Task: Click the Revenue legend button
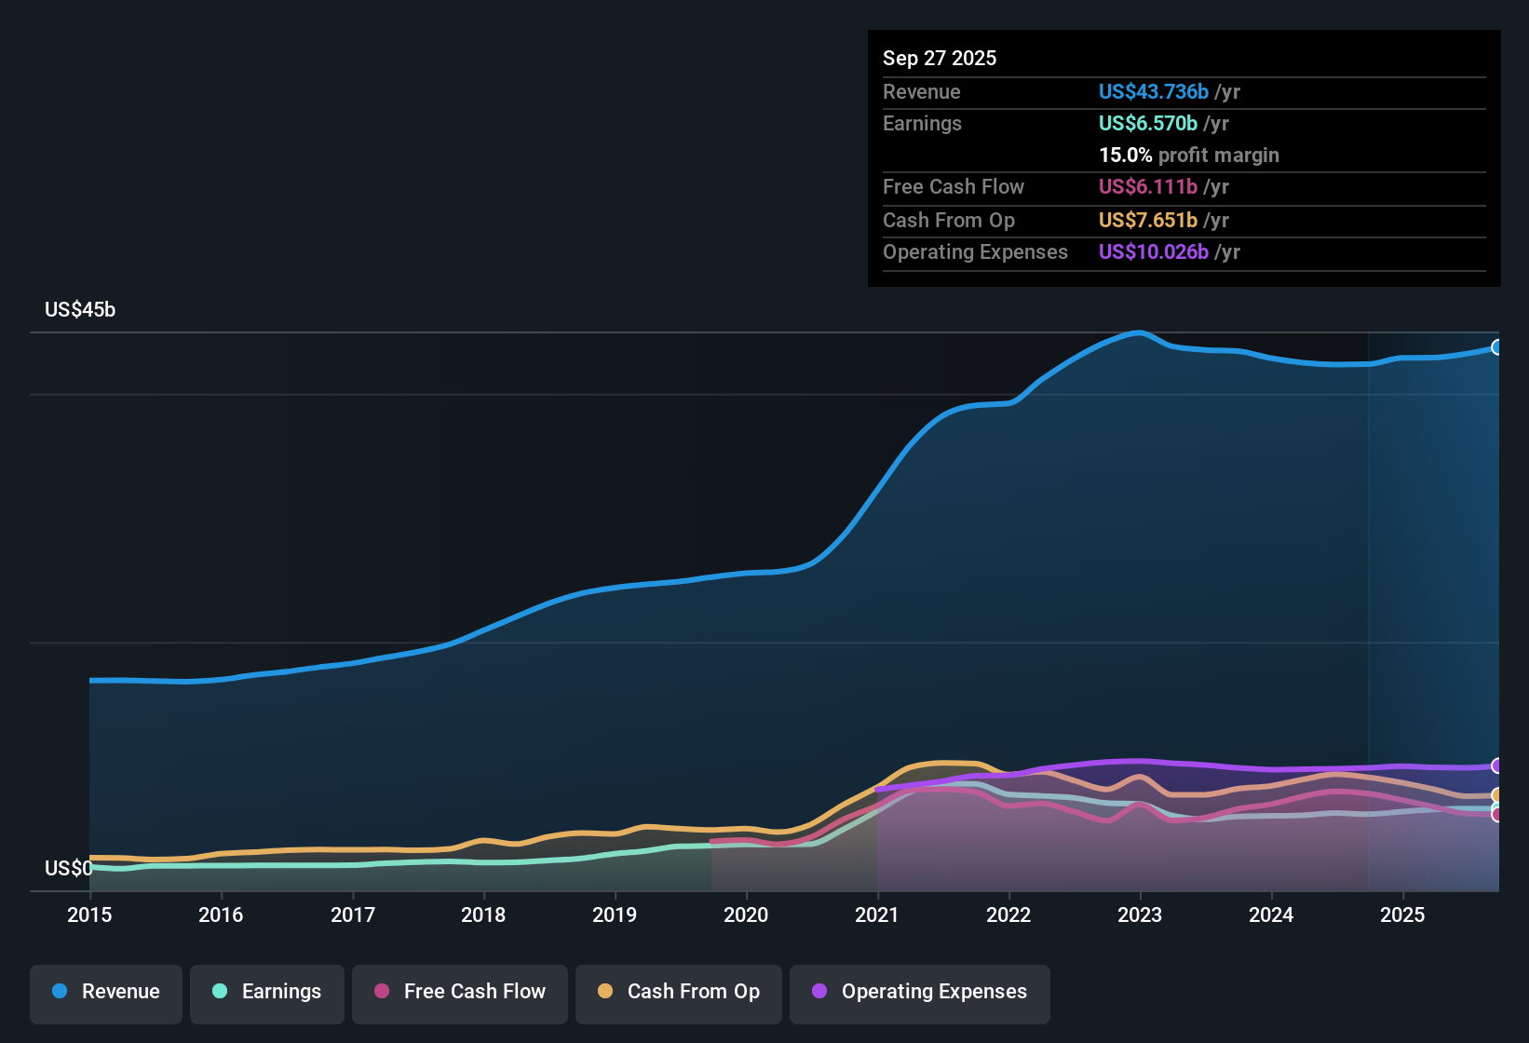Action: [x=106, y=992]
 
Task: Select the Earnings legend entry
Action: [x=267, y=992]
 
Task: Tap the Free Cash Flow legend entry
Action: [x=460, y=992]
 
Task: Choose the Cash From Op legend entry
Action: [x=679, y=992]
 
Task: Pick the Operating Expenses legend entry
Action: [x=920, y=992]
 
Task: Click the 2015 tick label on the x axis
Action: [x=89, y=914]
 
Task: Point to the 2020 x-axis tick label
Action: [x=746, y=914]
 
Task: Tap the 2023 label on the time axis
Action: [x=1140, y=914]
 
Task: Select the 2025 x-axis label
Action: [x=1402, y=914]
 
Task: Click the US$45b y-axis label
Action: [x=80, y=310]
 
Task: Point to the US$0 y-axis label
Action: [x=68, y=869]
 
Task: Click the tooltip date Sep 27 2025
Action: [x=940, y=59]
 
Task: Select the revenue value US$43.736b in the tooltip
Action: [x=1154, y=92]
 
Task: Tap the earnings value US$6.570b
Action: [x=1148, y=124]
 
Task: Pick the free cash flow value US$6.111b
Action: [x=1148, y=187]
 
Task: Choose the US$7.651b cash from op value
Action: [x=1148, y=221]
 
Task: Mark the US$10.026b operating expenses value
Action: [x=1154, y=252]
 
